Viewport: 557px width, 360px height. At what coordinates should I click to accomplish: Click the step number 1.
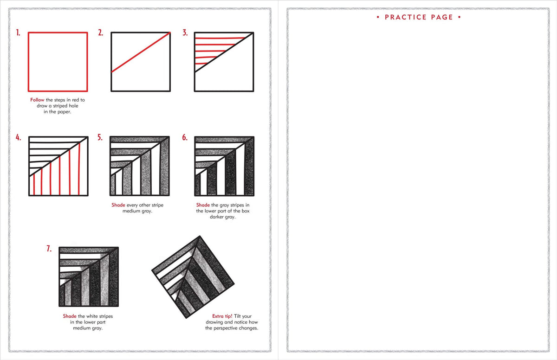click(18, 32)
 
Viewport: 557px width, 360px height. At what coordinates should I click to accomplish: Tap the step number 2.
click(100, 32)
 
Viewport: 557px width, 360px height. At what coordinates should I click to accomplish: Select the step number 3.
click(185, 32)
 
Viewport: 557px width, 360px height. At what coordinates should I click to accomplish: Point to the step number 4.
click(19, 137)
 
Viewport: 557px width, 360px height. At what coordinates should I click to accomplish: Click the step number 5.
click(100, 137)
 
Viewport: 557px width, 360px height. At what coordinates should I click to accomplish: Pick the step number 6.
click(185, 137)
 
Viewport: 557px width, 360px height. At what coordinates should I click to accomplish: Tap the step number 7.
click(49, 249)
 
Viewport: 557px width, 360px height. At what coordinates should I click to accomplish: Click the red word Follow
click(37, 100)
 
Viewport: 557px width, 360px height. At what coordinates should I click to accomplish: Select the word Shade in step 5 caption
click(118, 205)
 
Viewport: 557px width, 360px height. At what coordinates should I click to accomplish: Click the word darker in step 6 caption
click(218, 217)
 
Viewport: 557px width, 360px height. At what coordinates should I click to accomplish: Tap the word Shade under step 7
click(70, 316)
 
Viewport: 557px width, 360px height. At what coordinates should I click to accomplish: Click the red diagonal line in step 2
click(141, 52)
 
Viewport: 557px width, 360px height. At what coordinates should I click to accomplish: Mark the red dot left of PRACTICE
click(378, 17)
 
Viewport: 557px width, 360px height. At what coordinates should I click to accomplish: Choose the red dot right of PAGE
click(459, 17)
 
